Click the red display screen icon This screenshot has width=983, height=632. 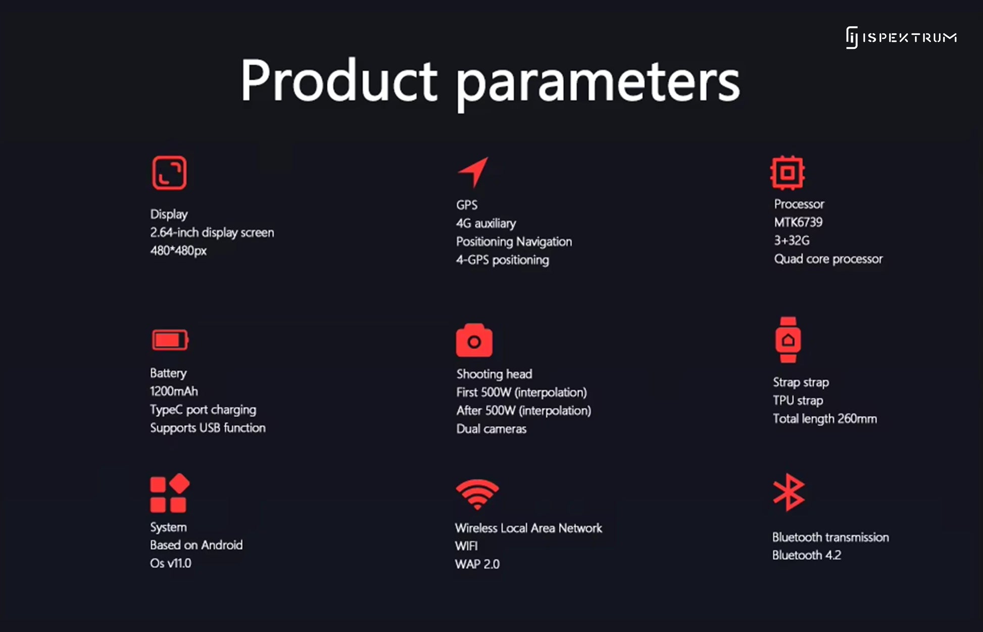coord(169,173)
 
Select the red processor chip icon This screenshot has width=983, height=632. coord(788,173)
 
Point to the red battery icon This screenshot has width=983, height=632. coord(170,340)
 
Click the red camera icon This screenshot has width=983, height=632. coord(474,340)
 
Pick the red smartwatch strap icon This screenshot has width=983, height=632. coord(788,340)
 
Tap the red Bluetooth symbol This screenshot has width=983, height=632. coord(789,492)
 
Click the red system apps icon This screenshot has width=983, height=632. coord(170,493)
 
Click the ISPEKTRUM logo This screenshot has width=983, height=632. coord(901,37)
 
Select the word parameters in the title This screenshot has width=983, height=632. coord(598,83)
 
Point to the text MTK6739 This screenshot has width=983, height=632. coord(798,222)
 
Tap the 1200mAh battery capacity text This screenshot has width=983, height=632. coord(174,392)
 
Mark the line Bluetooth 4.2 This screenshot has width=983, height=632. coord(807,555)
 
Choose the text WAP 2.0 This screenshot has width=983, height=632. coord(477,564)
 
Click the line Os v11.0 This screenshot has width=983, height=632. coord(171,563)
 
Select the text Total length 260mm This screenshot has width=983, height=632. coord(825,419)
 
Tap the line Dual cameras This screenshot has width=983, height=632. coord(491,429)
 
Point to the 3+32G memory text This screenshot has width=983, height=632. coord(792,240)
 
